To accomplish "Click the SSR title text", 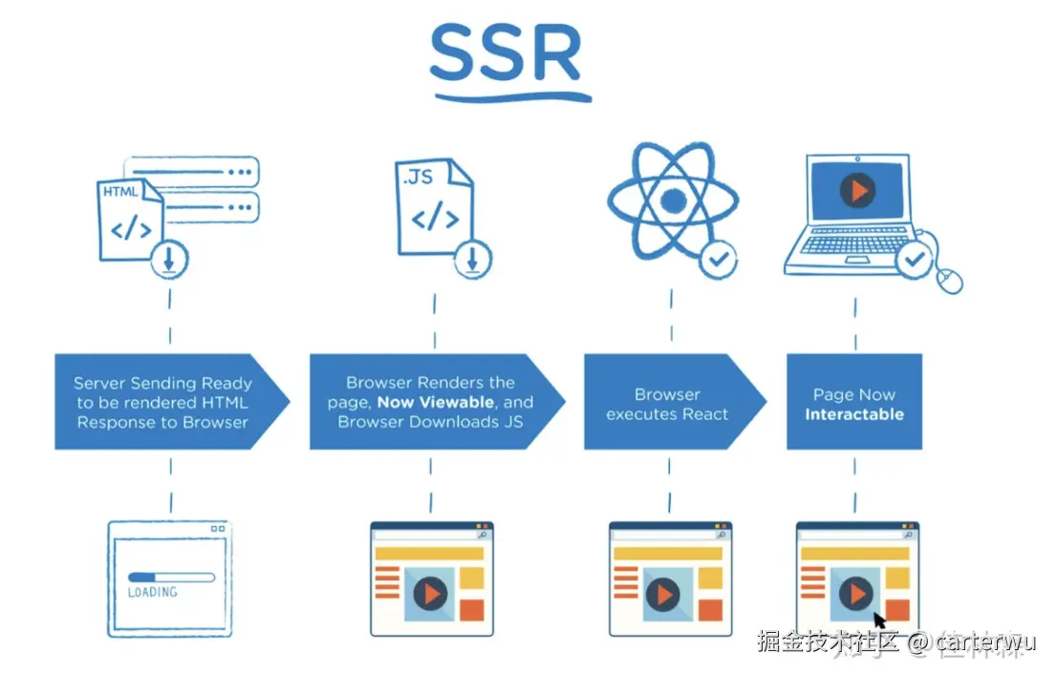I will click(x=506, y=54).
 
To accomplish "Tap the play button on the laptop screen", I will click(x=857, y=191).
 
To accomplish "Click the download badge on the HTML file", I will click(x=170, y=258).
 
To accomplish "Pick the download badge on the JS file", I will click(x=471, y=258).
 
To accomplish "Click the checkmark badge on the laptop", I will click(x=914, y=258).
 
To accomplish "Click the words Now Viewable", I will click(x=435, y=402).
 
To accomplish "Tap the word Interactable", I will click(x=853, y=414).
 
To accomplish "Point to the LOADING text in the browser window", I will click(x=153, y=592).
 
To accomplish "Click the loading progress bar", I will click(x=170, y=576).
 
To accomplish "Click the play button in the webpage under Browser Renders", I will click(x=430, y=594).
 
